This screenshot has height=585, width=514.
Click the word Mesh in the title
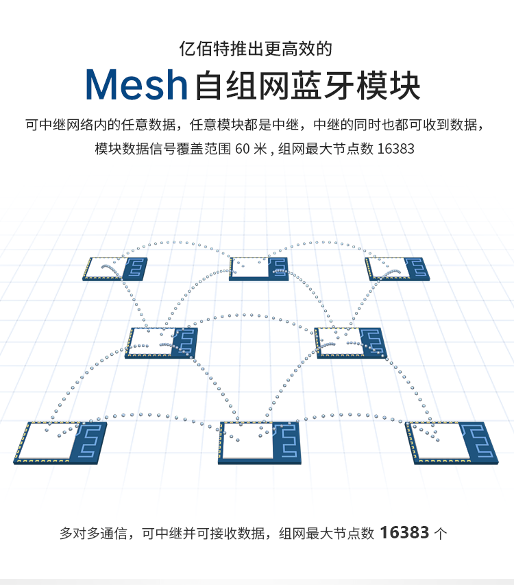tap(136, 85)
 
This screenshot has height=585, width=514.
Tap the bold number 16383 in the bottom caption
tap(404, 532)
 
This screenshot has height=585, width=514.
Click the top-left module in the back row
tap(116, 269)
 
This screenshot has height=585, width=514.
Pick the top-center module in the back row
tap(258, 269)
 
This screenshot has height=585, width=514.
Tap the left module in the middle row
tap(162, 342)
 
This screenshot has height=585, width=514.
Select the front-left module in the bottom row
tap(60, 442)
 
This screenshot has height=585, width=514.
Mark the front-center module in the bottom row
tap(260, 442)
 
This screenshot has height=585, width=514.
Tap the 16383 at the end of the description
tap(397, 148)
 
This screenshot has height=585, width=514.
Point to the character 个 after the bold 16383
tap(441, 533)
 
